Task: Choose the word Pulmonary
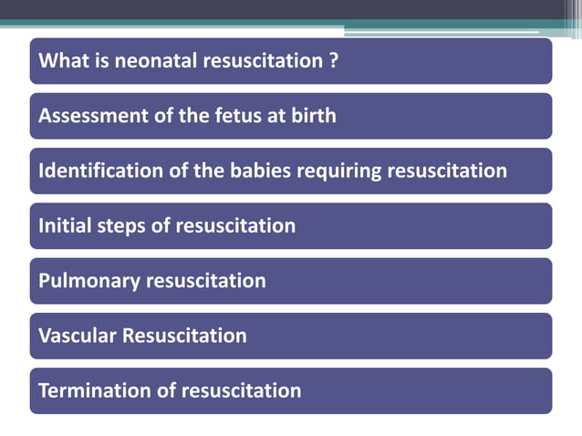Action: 88,281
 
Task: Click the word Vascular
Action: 78,336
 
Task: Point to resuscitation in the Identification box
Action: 448,171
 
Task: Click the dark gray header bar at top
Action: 291,10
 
